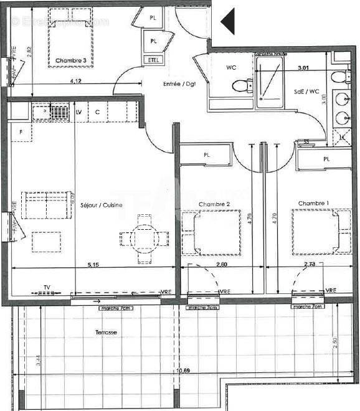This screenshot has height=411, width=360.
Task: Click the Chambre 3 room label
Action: [70, 60]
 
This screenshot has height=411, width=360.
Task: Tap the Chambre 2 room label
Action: [215, 204]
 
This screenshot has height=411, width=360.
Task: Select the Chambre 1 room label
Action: [313, 203]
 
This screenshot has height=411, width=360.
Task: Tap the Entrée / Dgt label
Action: [179, 83]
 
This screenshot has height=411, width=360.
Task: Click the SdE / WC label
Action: [306, 92]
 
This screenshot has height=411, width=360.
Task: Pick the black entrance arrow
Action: [227, 22]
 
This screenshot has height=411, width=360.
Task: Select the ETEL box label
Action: [153, 60]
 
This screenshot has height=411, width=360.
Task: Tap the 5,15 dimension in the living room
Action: [93, 265]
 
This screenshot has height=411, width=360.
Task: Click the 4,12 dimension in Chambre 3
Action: [76, 81]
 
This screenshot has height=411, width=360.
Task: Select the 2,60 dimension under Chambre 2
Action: [220, 265]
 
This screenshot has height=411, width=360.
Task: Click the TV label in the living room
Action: [47, 288]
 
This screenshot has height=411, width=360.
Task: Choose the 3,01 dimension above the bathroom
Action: [304, 67]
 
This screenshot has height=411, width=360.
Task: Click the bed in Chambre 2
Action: [211, 234]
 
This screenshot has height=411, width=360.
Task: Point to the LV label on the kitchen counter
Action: [78, 111]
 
